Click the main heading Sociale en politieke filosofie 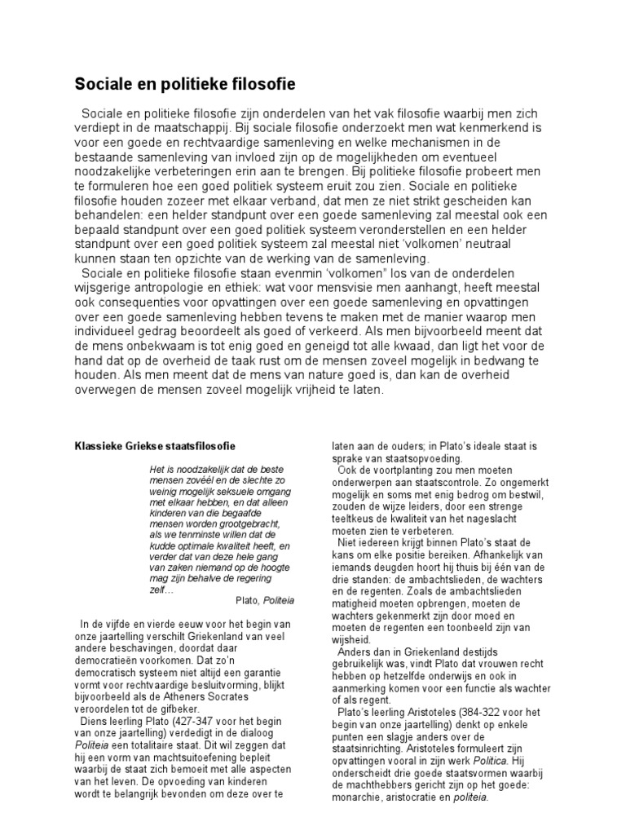click(185, 84)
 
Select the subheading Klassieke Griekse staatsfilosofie click(155, 446)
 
